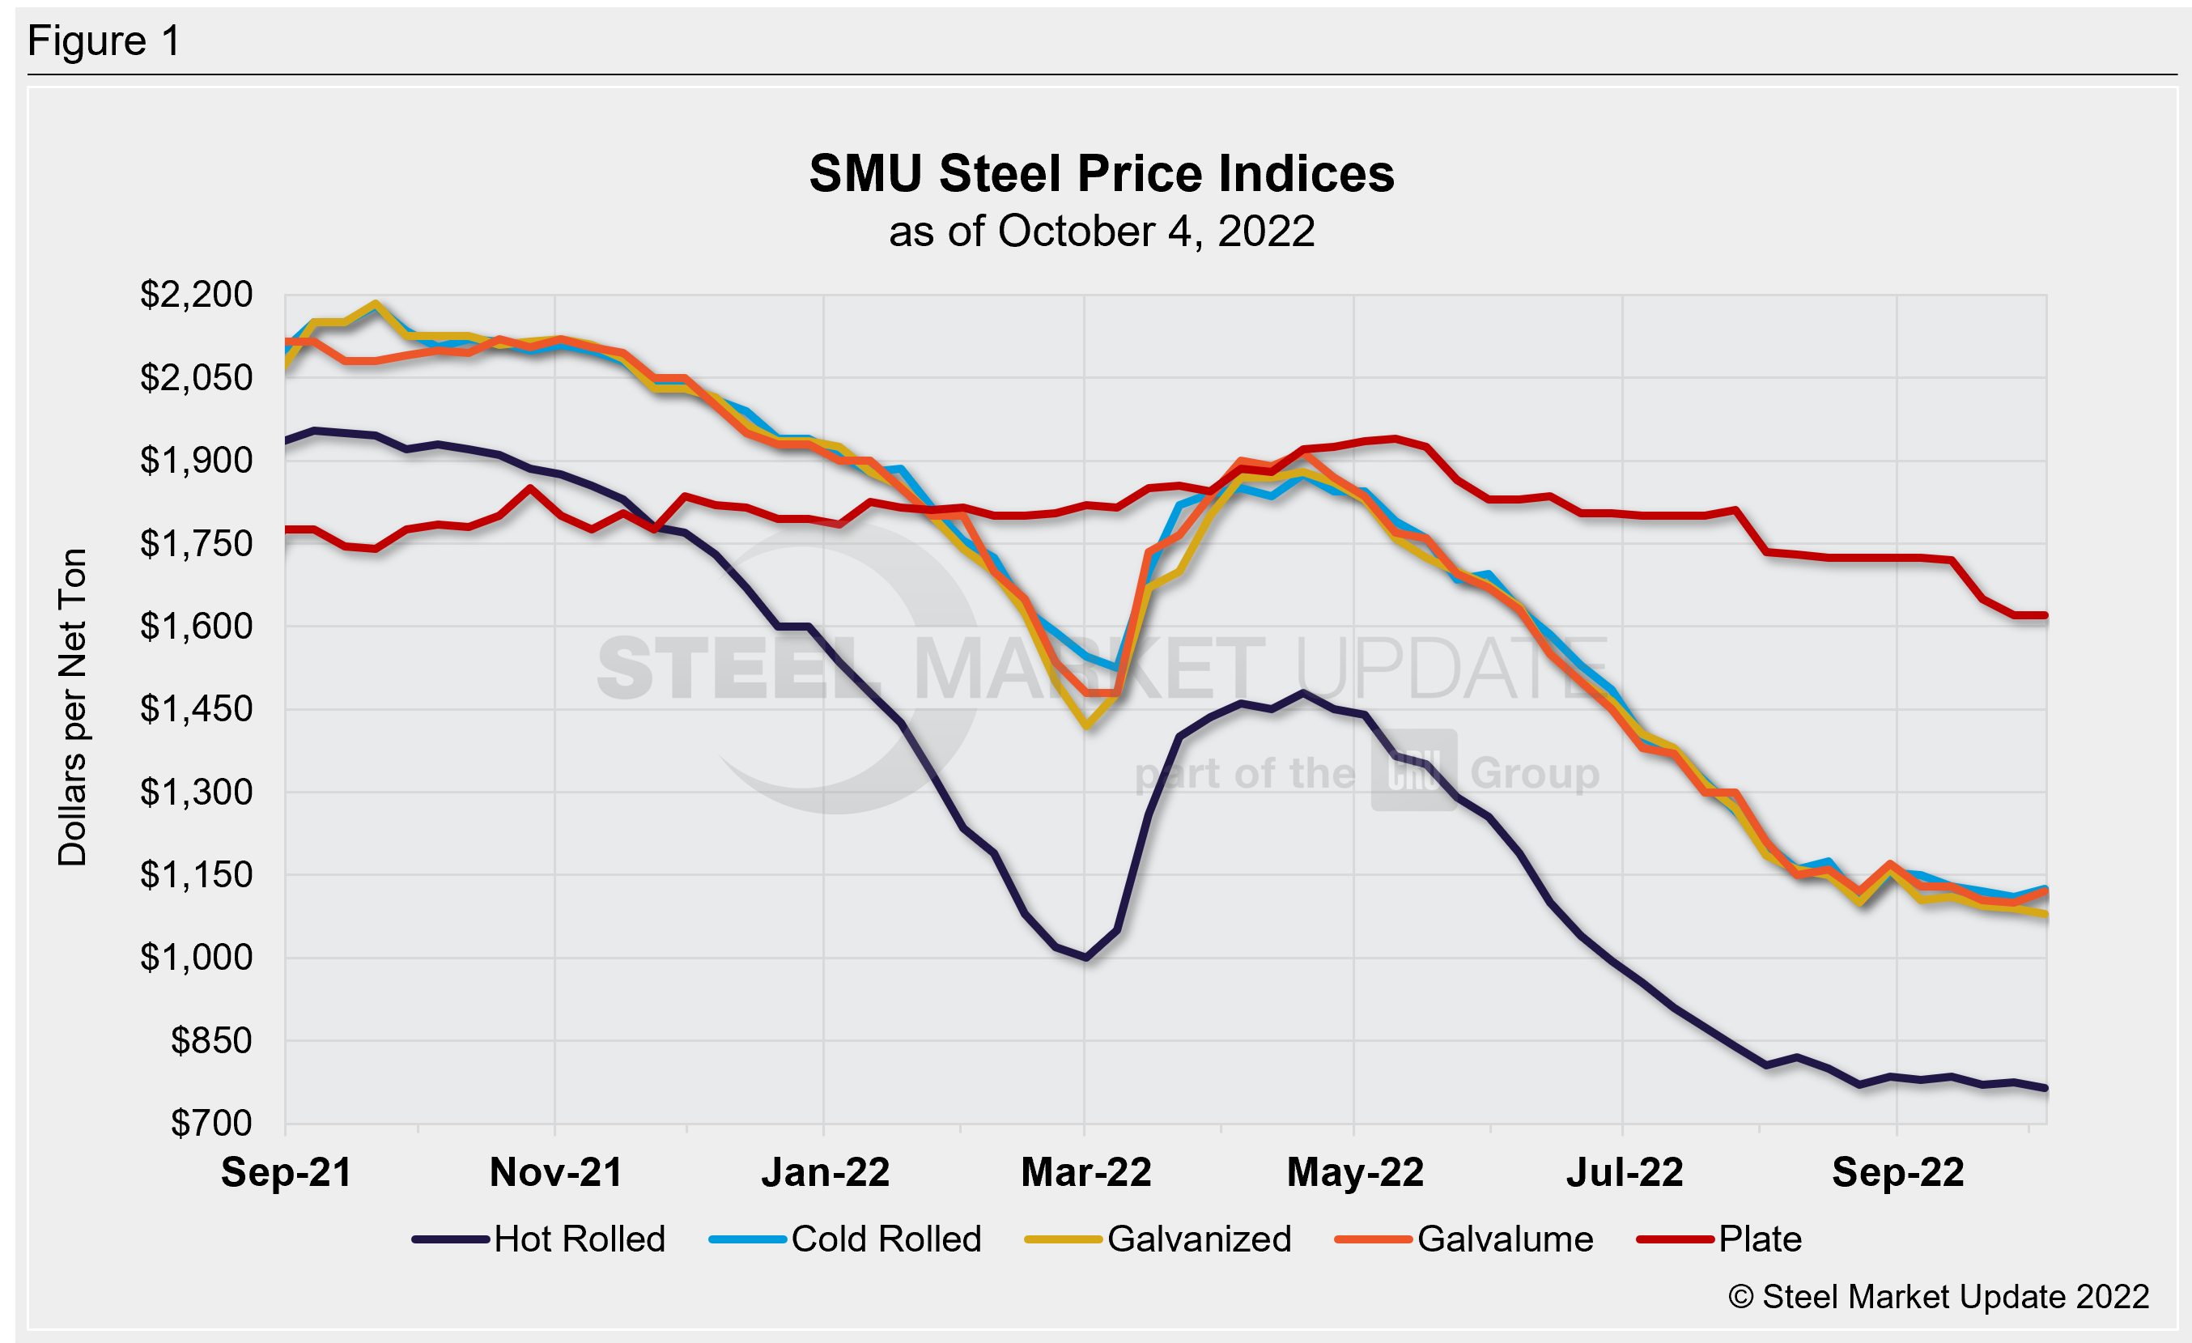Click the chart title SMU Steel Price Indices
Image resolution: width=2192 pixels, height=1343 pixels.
pos(1102,172)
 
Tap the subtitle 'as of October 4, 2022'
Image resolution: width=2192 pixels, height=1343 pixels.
pos(1102,232)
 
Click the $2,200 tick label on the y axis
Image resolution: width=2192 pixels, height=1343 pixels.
pos(197,295)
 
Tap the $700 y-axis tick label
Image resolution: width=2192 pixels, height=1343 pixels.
pos(212,1124)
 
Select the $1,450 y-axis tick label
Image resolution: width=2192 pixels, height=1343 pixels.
pos(197,709)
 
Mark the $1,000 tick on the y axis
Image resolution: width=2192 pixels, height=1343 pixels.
pos(197,958)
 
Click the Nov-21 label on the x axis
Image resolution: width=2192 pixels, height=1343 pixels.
pos(556,1172)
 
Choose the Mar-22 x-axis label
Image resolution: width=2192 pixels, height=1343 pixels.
pos(1085,1172)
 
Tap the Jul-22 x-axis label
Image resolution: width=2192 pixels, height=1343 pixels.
pos(1625,1172)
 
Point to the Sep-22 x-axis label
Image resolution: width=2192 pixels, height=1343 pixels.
pos(1897,1172)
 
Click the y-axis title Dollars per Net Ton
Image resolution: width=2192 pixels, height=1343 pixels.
pos(72,707)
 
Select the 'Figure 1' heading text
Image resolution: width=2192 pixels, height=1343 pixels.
pos(104,41)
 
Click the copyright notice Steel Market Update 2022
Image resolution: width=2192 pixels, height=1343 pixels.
pos(1939,1297)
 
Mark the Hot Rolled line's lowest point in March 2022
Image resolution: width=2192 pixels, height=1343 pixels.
pos(1086,958)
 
